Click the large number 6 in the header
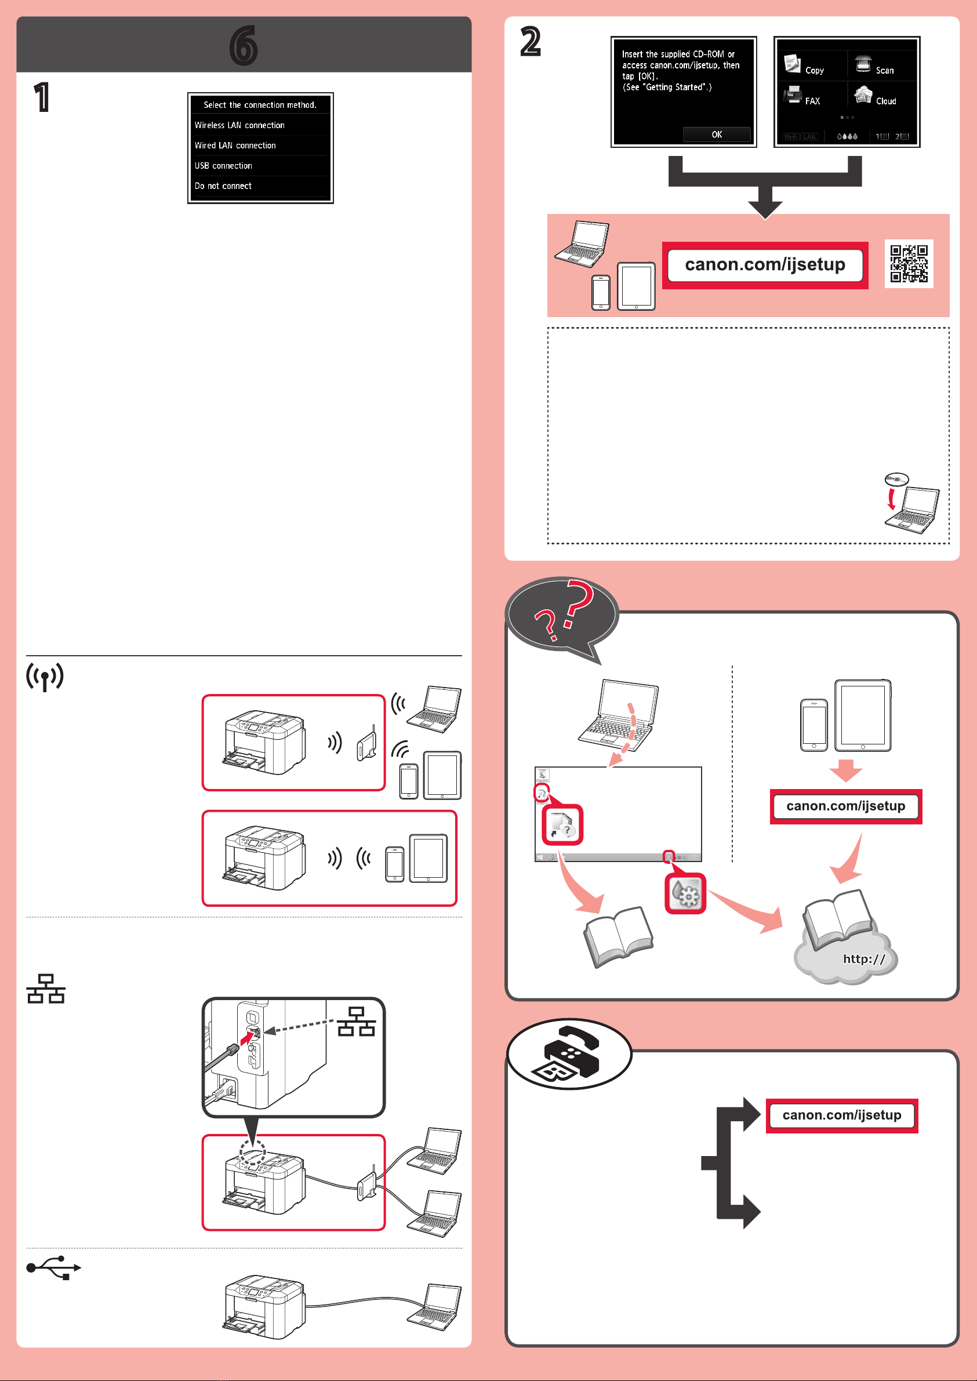point(244,46)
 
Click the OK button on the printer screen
point(717,135)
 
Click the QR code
point(909,263)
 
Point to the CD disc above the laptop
point(896,479)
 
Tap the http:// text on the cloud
point(864,959)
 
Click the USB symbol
point(53,1267)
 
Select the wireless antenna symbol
point(45,677)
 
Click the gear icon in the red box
point(686,894)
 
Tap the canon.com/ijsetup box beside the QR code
point(765,264)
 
